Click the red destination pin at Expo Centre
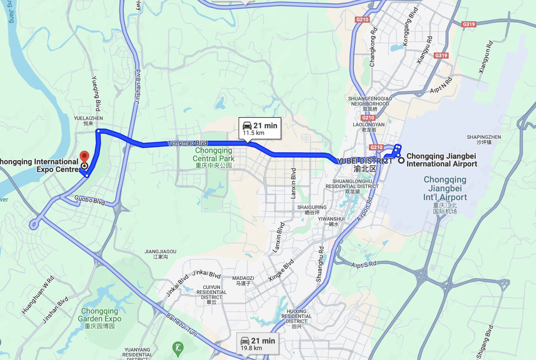pyautogui.click(x=84, y=157)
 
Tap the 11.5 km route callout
pyautogui.click(x=260, y=129)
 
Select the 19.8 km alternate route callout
pyautogui.click(x=258, y=344)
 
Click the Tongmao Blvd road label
pyautogui.click(x=188, y=143)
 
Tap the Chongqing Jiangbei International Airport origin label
pyautogui.click(x=441, y=160)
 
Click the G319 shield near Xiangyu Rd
pyautogui.click(x=441, y=56)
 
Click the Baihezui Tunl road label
pyautogui.click(x=182, y=325)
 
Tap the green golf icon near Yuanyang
pyautogui.click(x=178, y=348)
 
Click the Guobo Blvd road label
pyautogui.click(x=90, y=200)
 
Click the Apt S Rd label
pyautogui.click(x=363, y=265)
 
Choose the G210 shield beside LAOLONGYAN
pyautogui.click(x=368, y=118)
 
